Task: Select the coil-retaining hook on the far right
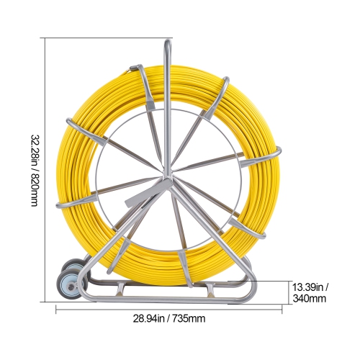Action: pyautogui.click(x=275, y=153)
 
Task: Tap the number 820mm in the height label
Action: pyautogui.click(x=34, y=193)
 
